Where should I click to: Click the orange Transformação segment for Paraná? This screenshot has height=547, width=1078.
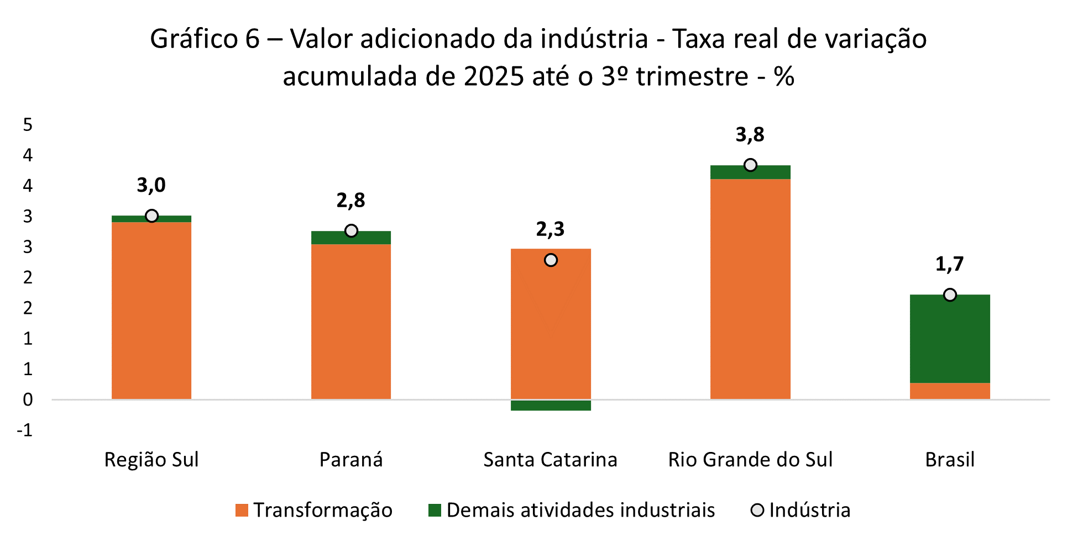351,320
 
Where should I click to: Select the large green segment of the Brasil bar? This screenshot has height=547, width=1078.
950,338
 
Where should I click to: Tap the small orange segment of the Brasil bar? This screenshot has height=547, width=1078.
950,391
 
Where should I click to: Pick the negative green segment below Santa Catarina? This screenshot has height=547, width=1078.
551,406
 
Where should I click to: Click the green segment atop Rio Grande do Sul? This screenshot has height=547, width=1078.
750,173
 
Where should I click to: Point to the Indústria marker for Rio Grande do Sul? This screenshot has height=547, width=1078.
750,165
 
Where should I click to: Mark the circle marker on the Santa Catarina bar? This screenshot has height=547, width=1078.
551,260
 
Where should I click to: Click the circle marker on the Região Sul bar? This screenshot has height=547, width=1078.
151,215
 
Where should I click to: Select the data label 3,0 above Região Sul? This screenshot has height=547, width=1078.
151,185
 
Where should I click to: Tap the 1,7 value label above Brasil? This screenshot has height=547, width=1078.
949,264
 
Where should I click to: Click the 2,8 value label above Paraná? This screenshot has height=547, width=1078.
351,200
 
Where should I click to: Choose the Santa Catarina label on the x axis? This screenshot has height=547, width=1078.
550,460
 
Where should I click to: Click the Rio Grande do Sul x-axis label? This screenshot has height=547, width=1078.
750,460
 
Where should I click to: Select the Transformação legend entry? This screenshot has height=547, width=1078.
314,509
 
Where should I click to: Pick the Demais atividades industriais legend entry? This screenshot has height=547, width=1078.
572,509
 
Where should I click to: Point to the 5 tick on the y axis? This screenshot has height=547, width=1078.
28,125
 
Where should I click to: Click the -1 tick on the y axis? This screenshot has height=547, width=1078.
25,430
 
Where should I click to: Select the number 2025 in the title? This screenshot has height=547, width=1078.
493,76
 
